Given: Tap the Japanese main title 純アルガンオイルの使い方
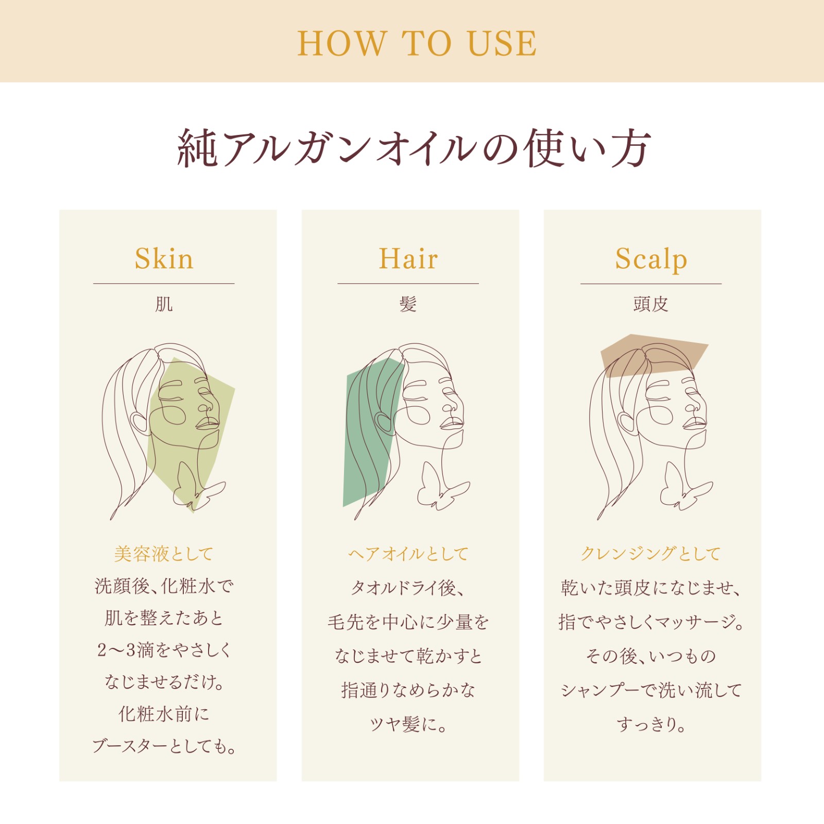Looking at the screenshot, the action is (x=414, y=148).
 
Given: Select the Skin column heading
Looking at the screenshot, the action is (x=164, y=259).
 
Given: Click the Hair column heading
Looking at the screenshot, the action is (x=408, y=259).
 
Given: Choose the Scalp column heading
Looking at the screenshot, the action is (x=651, y=260).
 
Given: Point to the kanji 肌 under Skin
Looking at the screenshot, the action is (x=164, y=304).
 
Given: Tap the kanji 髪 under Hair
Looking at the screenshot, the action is (x=408, y=304).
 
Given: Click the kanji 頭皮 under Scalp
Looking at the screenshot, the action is (x=651, y=304).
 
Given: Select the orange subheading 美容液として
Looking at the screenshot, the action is (x=164, y=554).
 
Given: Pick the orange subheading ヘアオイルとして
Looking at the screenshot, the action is (x=408, y=554).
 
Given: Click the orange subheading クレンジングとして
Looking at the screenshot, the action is (x=651, y=554).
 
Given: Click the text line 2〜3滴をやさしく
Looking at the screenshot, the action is (x=164, y=650).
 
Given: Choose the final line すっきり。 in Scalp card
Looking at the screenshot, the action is (x=651, y=724).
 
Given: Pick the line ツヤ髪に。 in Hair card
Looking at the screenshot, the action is (x=408, y=724).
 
